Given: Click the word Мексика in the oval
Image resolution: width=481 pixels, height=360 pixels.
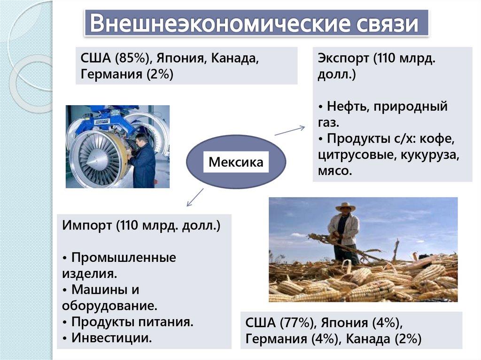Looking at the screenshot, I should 236,162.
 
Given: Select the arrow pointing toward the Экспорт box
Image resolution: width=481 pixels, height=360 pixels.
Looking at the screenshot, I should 289,130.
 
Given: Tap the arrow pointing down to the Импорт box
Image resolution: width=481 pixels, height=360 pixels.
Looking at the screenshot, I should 195,197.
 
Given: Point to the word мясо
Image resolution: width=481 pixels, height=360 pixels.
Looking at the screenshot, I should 334,171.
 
